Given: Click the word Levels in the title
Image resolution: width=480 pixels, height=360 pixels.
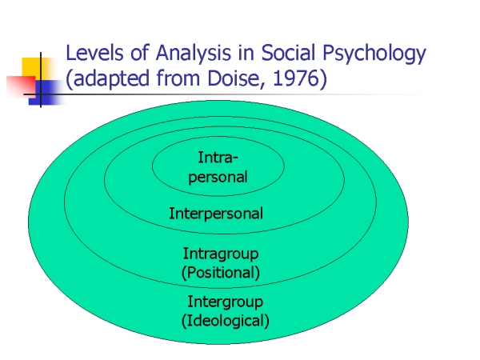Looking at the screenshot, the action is pos(94,53).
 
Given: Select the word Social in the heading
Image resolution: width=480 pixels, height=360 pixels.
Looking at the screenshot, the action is pos(288,53).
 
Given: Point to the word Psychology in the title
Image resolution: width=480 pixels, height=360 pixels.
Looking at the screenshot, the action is pos(374,54).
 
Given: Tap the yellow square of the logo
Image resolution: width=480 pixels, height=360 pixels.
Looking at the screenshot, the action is pos(34,68).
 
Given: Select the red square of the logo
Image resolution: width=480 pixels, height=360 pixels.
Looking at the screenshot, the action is pos(22,86).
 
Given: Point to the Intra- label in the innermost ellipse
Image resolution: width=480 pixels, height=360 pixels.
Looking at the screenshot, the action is pos(218,158).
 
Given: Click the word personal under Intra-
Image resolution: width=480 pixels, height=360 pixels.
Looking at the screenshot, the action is pos(218,178).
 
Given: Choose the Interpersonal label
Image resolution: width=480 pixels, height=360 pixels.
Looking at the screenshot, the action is pos(216,214).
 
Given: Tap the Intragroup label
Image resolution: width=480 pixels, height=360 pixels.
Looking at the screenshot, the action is pos(221,254).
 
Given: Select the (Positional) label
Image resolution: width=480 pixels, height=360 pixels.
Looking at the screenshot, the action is pos(221,273).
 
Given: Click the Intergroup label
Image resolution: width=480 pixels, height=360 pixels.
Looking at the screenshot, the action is pos(225,302).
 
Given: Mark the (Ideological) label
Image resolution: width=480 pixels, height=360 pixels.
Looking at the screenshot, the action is pos(225,321).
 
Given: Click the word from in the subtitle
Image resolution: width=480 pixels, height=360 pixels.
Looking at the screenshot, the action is pos(178,78).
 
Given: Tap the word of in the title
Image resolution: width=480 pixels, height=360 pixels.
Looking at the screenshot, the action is pos(139,53).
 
